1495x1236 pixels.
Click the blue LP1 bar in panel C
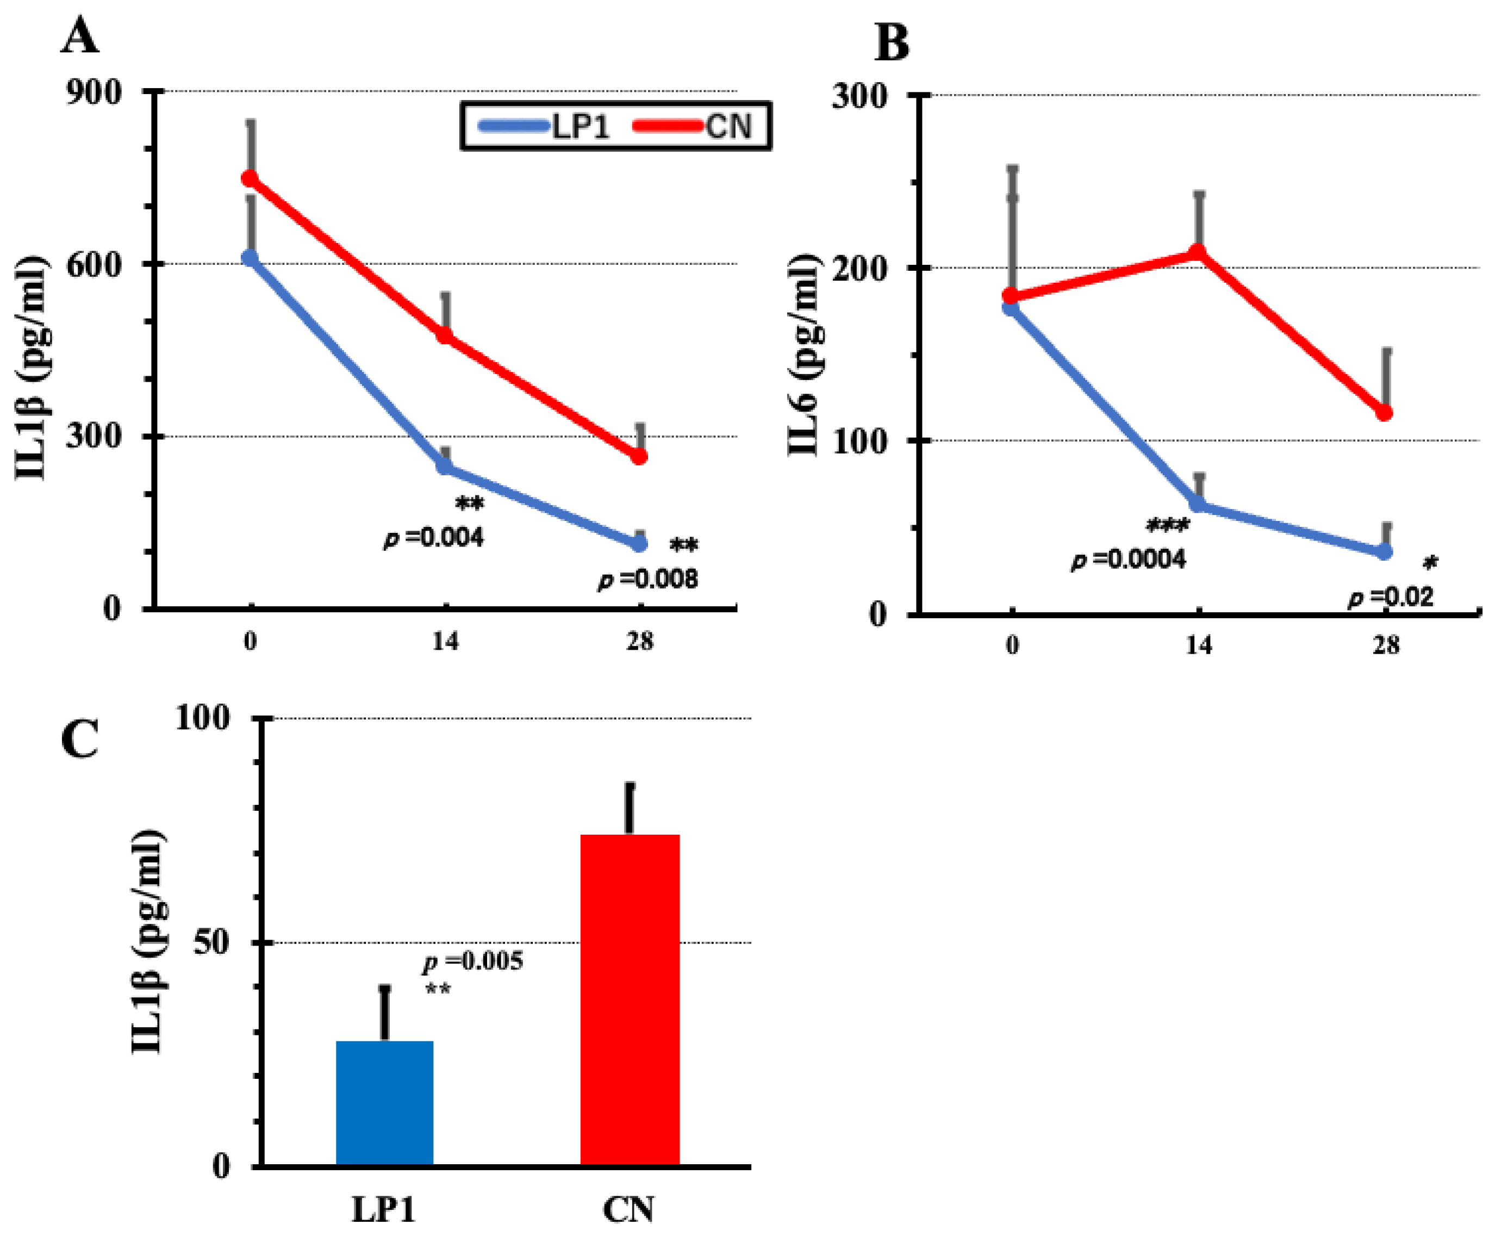384,1103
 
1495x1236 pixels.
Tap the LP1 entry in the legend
545,127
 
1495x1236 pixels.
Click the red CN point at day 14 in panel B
1198,253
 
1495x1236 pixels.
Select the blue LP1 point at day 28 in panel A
639,544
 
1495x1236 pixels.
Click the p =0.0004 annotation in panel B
1129,560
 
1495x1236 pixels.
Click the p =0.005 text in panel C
473,961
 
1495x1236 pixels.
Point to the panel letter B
892,43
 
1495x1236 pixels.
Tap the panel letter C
80,739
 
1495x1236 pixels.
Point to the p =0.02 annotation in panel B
1391,597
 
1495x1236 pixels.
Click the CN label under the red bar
628,1209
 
